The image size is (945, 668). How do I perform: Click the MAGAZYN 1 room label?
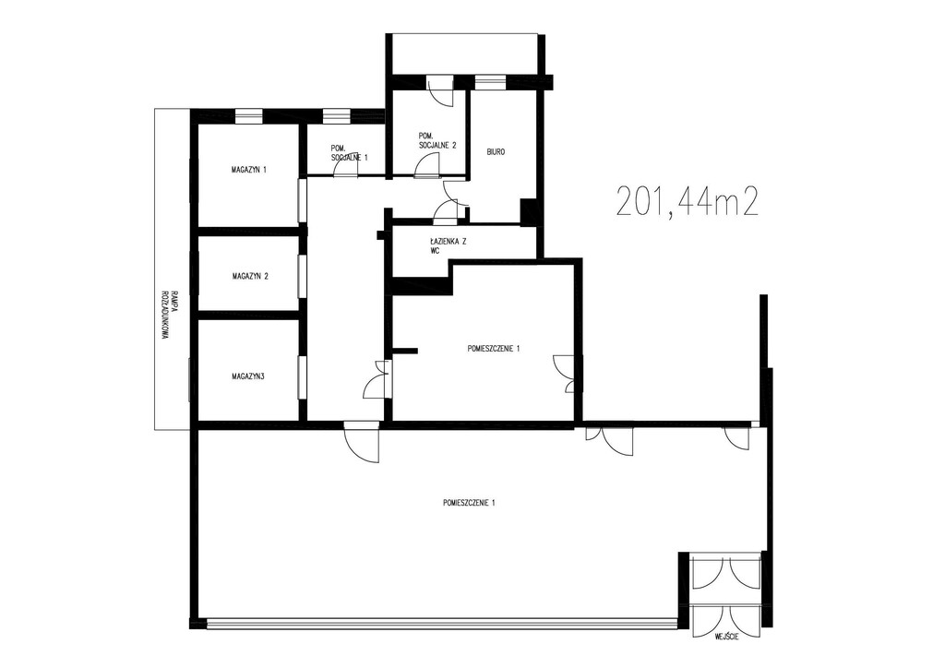point(249,171)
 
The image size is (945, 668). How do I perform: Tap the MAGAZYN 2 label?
point(250,277)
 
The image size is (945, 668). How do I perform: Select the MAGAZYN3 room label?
point(248,377)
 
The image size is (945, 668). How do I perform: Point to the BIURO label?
point(496,152)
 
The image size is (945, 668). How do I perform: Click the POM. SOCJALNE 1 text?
point(349,152)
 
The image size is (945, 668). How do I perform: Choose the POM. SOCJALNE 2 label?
point(437,141)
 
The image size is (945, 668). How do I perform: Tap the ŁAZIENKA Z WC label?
point(449,247)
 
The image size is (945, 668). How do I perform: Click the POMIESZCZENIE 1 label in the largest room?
point(470,503)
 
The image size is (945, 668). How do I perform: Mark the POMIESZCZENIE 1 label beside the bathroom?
point(494,348)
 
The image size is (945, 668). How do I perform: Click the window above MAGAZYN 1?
point(249,115)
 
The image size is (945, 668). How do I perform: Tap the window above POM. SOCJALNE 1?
point(336,115)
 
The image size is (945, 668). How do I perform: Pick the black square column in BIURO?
point(529,211)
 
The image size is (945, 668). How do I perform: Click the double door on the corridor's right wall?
point(378,380)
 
